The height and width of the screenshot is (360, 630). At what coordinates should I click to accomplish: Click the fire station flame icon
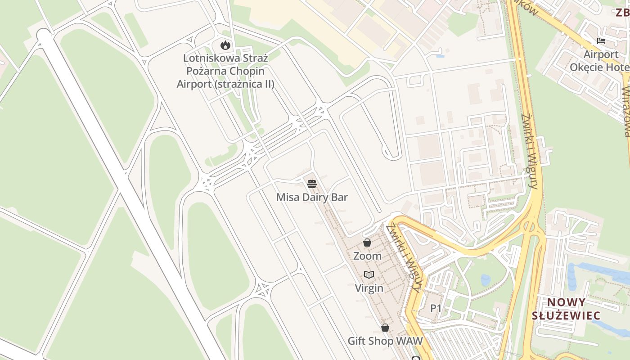click(225, 45)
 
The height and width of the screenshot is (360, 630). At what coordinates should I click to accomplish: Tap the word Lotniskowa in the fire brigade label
click(205, 58)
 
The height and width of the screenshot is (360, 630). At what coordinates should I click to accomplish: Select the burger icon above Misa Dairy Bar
click(312, 184)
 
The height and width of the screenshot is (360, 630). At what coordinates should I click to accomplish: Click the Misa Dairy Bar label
click(312, 197)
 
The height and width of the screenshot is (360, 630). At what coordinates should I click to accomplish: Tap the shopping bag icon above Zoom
click(367, 243)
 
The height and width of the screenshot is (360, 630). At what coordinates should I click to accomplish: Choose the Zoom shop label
click(367, 256)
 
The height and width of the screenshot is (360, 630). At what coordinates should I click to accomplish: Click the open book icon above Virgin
click(369, 274)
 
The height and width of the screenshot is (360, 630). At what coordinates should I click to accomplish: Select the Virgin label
click(369, 288)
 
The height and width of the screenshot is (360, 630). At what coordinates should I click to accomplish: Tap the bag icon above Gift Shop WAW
click(385, 328)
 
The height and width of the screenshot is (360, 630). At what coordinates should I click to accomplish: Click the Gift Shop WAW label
click(385, 341)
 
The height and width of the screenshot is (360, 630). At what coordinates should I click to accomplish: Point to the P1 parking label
click(436, 308)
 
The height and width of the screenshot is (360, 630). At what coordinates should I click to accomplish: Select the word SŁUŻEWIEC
click(566, 315)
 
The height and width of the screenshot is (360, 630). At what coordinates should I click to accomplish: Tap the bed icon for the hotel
click(601, 41)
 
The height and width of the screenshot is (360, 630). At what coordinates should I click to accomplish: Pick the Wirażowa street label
click(626, 110)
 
